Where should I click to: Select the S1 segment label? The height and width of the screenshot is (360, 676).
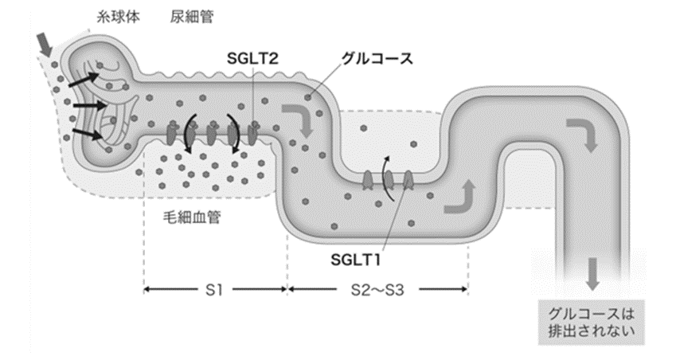214,291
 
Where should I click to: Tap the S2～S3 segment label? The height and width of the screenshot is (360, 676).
377,291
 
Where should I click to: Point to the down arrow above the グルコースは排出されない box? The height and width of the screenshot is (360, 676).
591,275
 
